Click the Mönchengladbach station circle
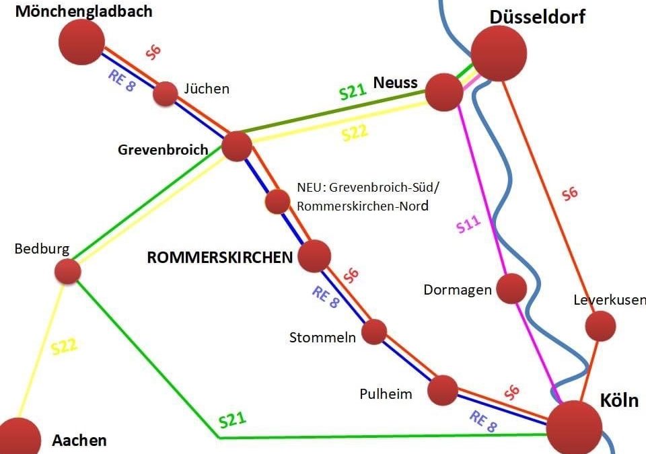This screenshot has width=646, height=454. (x=81, y=42)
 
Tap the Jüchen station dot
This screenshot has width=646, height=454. (x=165, y=94)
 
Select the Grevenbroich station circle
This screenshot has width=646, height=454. (x=237, y=146)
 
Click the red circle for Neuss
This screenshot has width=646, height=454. (x=444, y=91)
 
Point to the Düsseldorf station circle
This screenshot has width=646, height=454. (x=499, y=53)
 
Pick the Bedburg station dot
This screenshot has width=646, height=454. (x=67, y=271)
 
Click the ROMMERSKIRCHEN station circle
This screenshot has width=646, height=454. (x=314, y=256)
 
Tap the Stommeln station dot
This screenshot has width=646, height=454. (x=374, y=332)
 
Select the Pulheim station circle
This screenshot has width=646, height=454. (x=443, y=390)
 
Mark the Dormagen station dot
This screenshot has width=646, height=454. (x=511, y=288)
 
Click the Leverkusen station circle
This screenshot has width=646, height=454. (x=600, y=326)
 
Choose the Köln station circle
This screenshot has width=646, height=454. (x=574, y=428)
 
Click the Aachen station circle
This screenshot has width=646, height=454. (x=19, y=439)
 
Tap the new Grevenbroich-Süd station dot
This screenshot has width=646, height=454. (x=277, y=201)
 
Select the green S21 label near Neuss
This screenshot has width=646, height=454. (x=353, y=92)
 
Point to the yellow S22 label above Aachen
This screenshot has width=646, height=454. (x=64, y=348)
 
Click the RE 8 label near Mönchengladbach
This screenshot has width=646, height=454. (x=122, y=81)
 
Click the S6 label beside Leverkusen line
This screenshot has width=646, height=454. (x=570, y=194)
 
